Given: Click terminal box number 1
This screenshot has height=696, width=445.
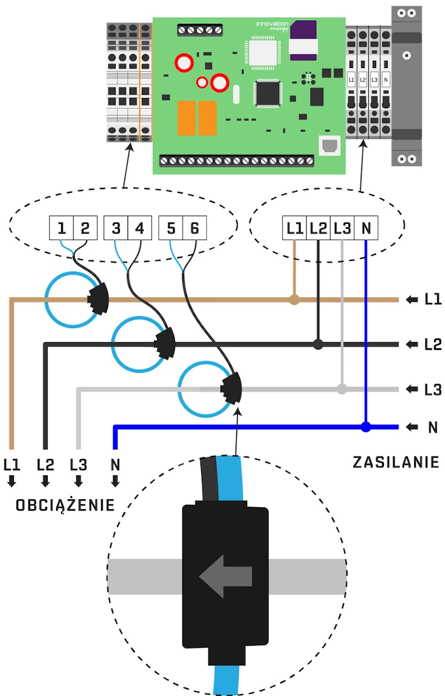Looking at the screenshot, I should pyautogui.click(x=62, y=228).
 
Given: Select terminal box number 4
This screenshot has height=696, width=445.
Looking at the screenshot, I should pyautogui.click(x=140, y=228).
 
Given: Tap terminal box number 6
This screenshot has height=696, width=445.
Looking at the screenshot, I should pyautogui.click(x=194, y=228).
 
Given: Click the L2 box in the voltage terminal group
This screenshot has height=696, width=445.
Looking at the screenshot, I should pyautogui.click(x=319, y=228).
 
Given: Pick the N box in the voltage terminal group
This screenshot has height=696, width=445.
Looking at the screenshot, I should pyautogui.click(x=366, y=228).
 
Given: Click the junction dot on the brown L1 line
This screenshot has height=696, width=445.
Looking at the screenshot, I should pyautogui.click(x=294, y=300).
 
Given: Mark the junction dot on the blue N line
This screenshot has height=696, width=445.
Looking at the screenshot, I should pyautogui.click(x=366, y=427).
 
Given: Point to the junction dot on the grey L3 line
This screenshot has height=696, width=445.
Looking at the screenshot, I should pyautogui.click(x=342, y=389).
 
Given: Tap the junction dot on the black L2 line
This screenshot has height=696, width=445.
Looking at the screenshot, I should pyautogui.click(x=319, y=344).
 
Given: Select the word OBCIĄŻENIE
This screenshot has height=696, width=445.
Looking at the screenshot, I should pyautogui.click(x=65, y=505).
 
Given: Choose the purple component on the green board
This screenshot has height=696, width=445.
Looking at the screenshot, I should pyautogui.click(x=304, y=33).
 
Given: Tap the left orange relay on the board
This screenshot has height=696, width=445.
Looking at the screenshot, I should pyautogui.click(x=185, y=118).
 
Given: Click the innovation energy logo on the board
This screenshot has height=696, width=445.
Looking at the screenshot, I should pyautogui.click(x=272, y=26).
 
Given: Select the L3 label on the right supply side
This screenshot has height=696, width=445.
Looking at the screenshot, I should pyautogui.click(x=432, y=390).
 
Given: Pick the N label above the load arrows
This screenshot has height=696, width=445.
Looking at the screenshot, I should pyautogui.click(x=115, y=465).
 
